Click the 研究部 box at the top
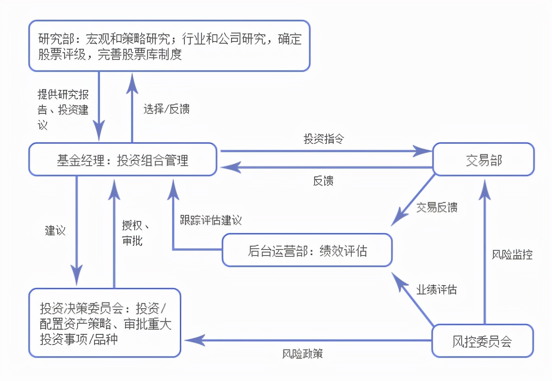point(169,46)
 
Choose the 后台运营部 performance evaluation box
point(307,251)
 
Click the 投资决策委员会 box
point(105,323)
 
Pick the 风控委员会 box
point(482,341)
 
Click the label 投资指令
point(324,139)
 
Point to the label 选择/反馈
point(166,109)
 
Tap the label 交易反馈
point(436,207)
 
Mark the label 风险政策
point(302,354)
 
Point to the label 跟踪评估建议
point(211,220)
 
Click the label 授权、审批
point(136,233)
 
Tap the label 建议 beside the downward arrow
point(55,230)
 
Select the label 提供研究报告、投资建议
point(63,109)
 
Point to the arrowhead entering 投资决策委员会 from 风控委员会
point(191,340)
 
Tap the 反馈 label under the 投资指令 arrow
point(323,181)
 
